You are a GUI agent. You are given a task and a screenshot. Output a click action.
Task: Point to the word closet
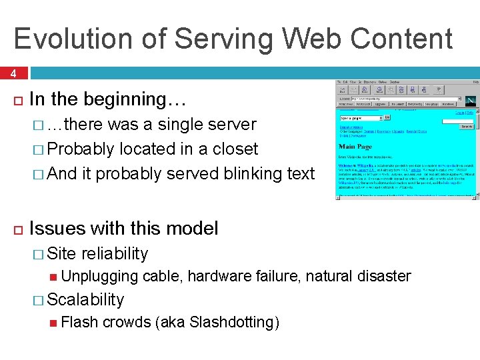point(233,149)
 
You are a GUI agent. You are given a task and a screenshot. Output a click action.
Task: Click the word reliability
point(114,254)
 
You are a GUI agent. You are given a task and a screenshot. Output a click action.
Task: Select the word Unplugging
point(99,276)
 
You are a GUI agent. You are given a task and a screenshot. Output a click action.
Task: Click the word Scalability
point(85,300)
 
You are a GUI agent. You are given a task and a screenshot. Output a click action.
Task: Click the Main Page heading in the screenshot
point(355,146)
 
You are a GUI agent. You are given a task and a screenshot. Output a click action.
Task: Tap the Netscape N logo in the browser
point(471,101)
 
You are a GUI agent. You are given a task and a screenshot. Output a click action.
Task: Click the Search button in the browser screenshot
point(466,127)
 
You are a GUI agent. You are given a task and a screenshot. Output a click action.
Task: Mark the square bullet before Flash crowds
point(54,323)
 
